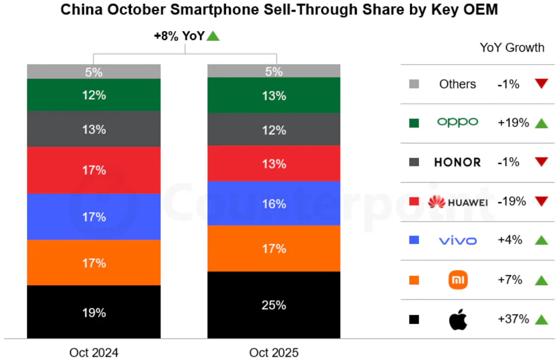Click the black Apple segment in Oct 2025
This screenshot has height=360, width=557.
tap(274, 305)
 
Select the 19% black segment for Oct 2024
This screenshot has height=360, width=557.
tap(94, 312)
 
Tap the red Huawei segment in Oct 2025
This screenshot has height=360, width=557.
tap(274, 164)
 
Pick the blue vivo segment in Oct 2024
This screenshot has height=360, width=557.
tap(94, 217)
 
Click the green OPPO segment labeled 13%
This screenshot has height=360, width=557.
tap(274, 96)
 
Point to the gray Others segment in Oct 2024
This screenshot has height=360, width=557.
tap(94, 72)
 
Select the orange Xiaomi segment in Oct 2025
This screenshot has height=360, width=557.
tap(274, 248)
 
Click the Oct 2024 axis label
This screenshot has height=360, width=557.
tap(94, 353)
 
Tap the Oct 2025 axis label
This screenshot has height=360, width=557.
tap(274, 353)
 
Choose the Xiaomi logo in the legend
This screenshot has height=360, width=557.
tap(458, 280)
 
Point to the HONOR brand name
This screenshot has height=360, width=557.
tap(458, 162)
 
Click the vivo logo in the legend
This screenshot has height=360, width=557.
tap(458, 240)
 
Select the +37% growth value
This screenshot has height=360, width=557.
tap(513, 319)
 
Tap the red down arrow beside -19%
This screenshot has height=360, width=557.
tap(541, 201)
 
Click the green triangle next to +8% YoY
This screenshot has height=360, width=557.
tap(213, 37)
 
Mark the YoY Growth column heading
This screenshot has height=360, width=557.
tap(512, 47)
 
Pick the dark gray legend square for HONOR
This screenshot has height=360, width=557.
tap(414, 162)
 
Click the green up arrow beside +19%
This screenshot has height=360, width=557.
tap(541, 124)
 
